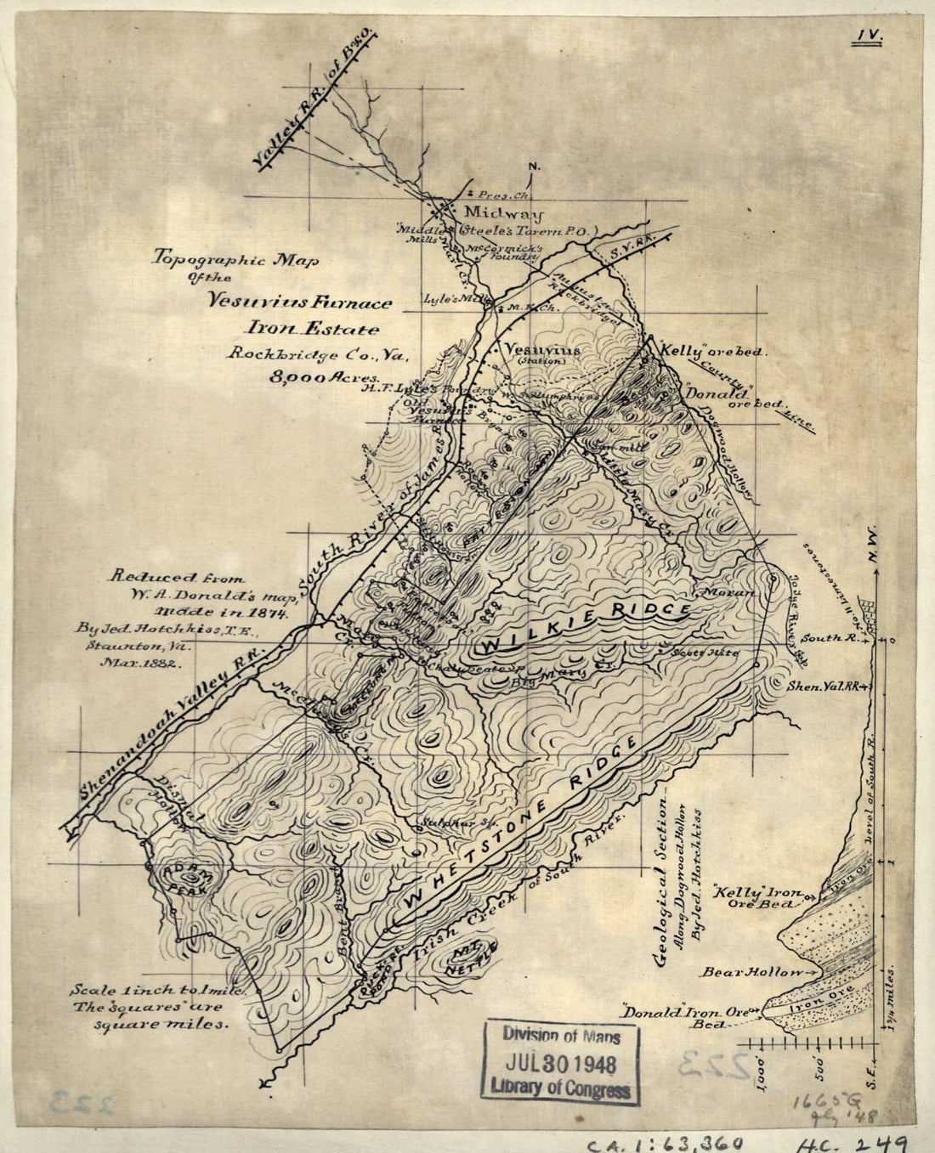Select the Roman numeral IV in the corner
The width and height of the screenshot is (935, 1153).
[x=871, y=36]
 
